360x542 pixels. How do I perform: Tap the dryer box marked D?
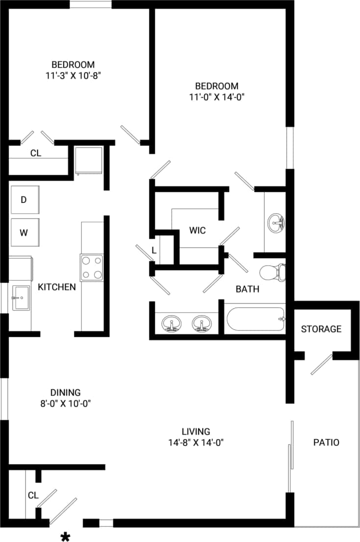24,199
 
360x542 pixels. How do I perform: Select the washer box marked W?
24,232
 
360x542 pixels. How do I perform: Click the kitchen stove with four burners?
92,268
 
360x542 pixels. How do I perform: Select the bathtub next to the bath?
255,320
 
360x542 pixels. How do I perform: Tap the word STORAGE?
321,329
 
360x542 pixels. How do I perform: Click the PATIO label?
326,442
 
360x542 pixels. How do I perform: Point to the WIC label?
197,230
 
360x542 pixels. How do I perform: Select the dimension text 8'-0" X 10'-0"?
65,403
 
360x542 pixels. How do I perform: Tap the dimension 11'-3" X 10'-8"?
73,75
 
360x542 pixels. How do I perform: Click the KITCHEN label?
57,287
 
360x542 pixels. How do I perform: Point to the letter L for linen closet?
154,250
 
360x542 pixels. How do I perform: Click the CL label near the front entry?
33,495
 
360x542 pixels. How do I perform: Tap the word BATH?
247,289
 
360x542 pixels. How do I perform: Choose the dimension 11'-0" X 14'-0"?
216,97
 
